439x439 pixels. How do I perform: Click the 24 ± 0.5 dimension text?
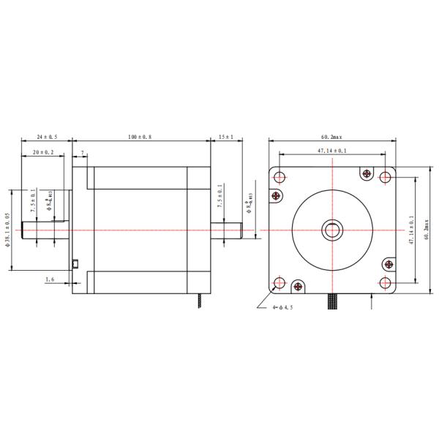[48, 137]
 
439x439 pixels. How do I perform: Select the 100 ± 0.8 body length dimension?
[142, 137]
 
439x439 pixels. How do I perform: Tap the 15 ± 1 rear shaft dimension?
[225, 137]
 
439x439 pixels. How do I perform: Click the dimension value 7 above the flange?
[83, 153]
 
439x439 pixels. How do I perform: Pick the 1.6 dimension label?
[49, 279]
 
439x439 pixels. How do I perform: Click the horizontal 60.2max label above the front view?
[331, 137]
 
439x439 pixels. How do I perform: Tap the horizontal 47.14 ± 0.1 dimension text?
[331, 151]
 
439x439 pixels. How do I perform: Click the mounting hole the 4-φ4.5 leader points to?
[279, 283]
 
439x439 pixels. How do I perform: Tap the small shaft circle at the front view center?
[332, 230]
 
